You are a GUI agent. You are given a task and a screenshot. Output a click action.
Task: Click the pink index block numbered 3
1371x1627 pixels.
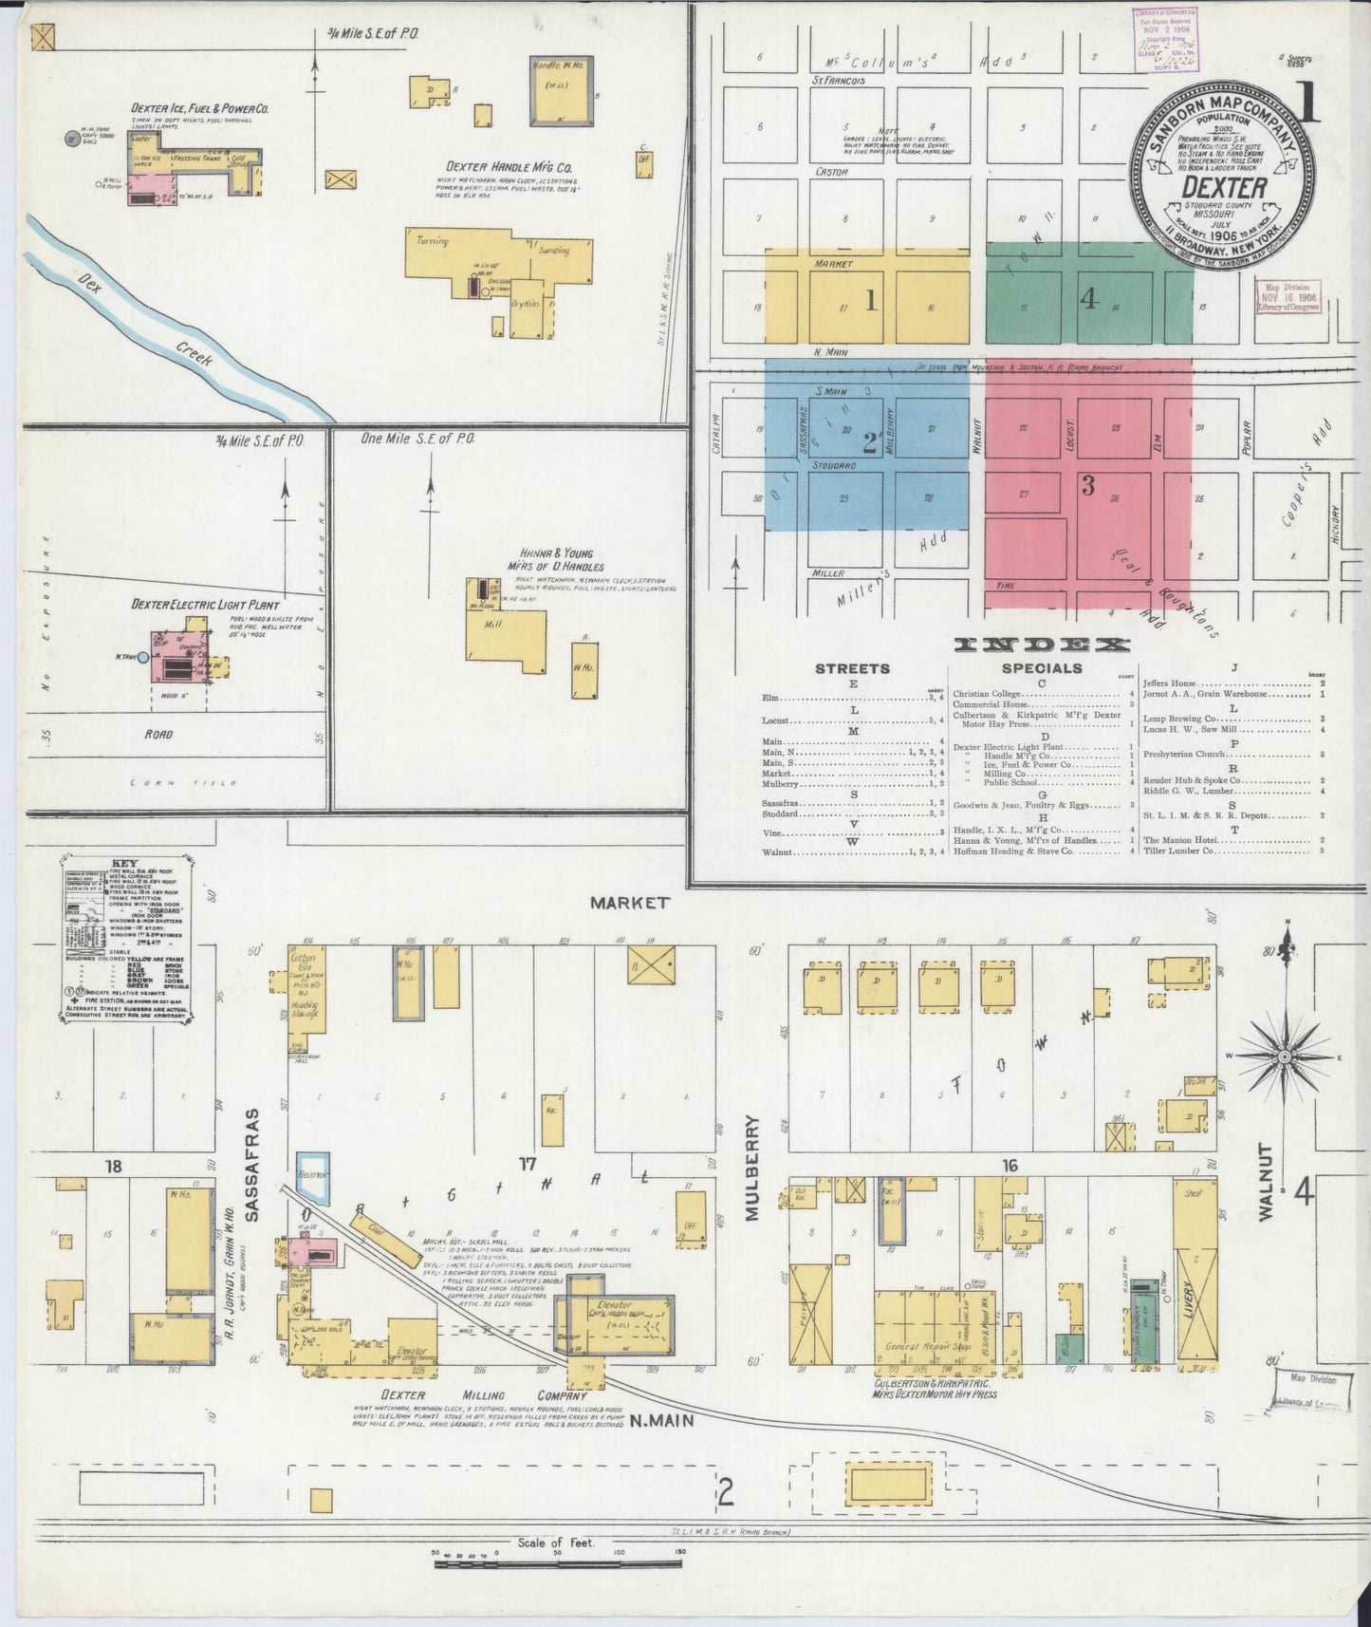point(1088,486)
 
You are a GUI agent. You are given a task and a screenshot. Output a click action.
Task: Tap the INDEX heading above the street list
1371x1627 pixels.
point(1042,645)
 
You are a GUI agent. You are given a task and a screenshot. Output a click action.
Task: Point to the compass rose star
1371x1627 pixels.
point(1286,1055)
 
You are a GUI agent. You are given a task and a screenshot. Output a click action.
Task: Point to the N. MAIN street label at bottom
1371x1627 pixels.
point(662,1421)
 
